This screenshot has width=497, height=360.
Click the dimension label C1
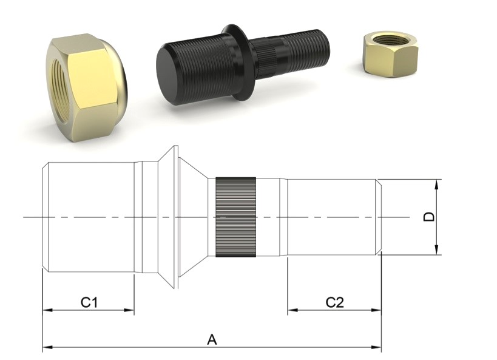click(x=89, y=302)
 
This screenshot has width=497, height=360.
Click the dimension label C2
click(x=334, y=302)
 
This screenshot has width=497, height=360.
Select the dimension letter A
click(x=212, y=339)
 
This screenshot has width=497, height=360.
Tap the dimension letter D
click(x=430, y=217)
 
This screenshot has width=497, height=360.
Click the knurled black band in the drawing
click(x=235, y=217)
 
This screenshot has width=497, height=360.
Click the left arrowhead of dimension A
click(x=46, y=348)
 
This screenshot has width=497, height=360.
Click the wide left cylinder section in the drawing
click(x=91, y=217)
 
